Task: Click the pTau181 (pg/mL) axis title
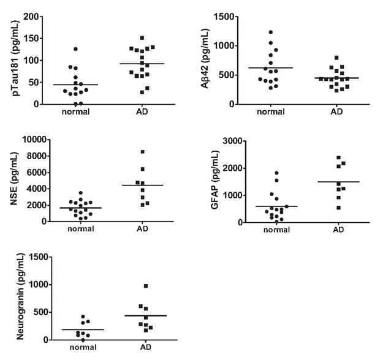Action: [x=10, y=59]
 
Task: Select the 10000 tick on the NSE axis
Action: [x=35, y=140]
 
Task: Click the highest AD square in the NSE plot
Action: [x=142, y=152]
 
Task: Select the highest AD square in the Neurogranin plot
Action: [x=146, y=286]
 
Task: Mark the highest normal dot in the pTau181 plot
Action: [x=76, y=49]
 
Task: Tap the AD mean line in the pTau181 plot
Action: [x=142, y=64]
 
